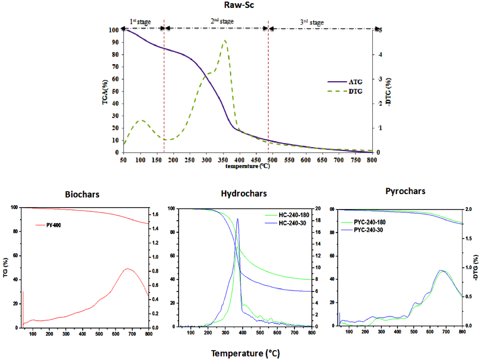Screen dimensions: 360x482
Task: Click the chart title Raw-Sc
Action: (x=239, y=5)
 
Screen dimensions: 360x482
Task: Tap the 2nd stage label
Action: (x=222, y=21)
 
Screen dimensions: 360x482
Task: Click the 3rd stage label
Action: (x=312, y=22)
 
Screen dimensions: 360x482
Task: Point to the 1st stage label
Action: (x=140, y=22)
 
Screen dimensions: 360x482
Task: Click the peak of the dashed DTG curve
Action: (x=225, y=40)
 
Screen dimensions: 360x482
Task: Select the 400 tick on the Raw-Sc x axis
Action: (x=239, y=160)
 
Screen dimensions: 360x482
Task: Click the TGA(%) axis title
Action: (x=105, y=92)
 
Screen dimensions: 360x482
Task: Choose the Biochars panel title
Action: (x=82, y=194)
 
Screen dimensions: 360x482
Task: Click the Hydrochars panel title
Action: (x=244, y=194)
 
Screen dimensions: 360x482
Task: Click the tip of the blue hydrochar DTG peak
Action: (x=238, y=219)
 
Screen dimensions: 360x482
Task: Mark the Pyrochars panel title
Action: (x=405, y=191)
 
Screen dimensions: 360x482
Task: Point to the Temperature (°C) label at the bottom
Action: (x=245, y=353)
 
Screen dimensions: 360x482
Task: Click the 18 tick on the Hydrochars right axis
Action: (x=318, y=220)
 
